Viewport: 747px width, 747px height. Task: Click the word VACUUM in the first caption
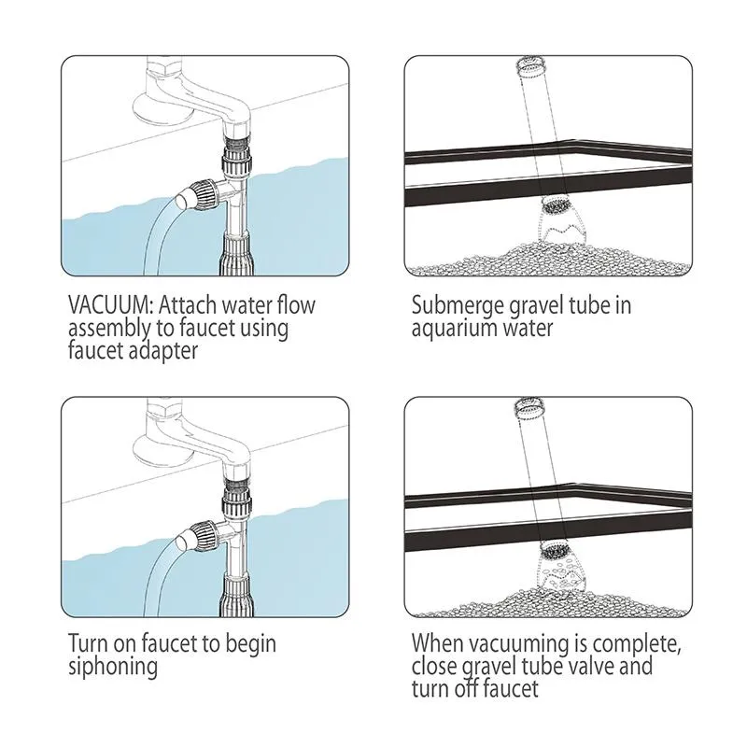coord(109,305)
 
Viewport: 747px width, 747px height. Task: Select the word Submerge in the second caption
coord(458,306)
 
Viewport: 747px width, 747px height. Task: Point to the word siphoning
coord(113,667)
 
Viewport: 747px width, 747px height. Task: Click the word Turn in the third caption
coord(89,643)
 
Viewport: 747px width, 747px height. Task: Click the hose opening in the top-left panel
coord(182,200)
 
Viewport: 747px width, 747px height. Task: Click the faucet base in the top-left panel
coord(162,108)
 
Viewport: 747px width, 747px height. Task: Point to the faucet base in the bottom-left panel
coord(162,450)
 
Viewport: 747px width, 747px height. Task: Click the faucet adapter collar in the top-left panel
coord(235,160)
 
